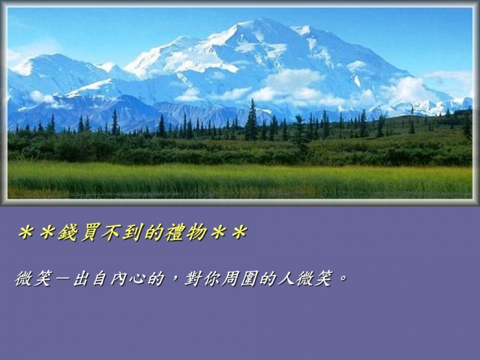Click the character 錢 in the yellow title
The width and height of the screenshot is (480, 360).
[68, 232]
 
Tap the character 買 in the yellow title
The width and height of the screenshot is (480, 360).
[90, 232]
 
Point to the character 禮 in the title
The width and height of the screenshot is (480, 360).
[175, 232]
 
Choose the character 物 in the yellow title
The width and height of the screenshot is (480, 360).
[197, 232]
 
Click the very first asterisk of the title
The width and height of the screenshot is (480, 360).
[26, 233]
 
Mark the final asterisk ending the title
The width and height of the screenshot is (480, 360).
[239, 233]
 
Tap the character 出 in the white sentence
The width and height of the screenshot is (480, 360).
[81, 278]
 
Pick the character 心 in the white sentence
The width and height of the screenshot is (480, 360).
[137, 278]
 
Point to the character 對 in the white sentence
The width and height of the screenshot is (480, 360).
[193, 278]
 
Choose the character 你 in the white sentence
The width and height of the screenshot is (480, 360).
[211, 278]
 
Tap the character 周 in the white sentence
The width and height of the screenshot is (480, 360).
[230, 278]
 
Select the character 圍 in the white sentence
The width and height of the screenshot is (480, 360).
[248, 278]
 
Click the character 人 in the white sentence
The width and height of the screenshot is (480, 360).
[286, 278]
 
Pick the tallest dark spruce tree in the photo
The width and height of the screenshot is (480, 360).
[252, 120]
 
